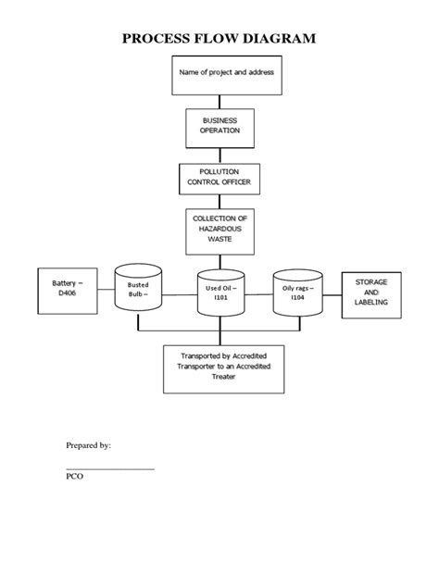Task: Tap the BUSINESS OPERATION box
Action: [x=219, y=125]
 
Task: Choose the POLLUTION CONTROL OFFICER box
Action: [x=219, y=177]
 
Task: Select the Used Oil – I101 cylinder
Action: [x=220, y=294]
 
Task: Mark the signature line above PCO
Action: [x=110, y=468]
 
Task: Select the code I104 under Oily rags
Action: [x=298, y=298]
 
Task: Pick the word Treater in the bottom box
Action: [x=219, y=377]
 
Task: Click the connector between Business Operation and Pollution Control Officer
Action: [x=219, y=154]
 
